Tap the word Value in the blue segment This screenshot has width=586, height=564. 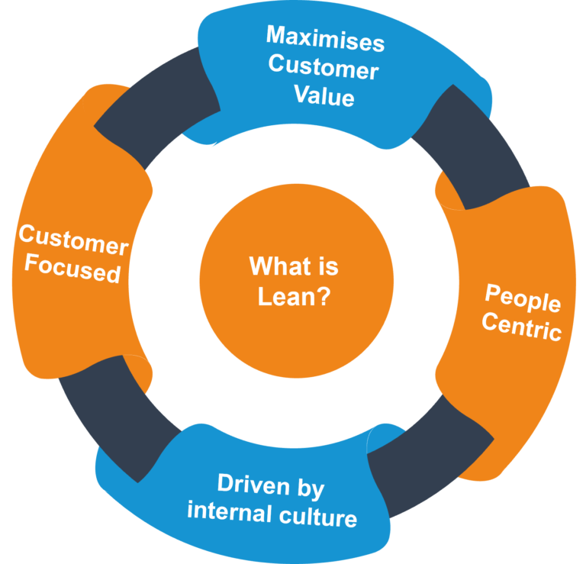(325, 98)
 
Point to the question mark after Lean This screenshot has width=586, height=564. (324, 296)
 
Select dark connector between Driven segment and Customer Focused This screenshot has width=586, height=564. (114, 420)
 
